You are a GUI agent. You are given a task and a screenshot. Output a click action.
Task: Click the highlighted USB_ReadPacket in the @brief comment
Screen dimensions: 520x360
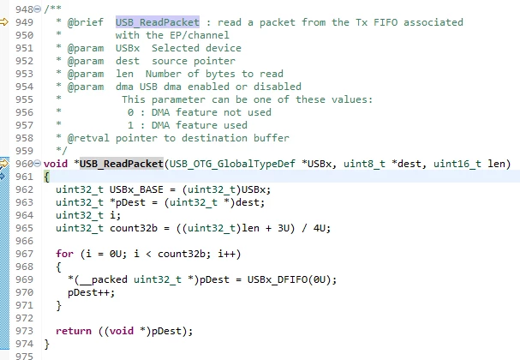click(x=158, y=22)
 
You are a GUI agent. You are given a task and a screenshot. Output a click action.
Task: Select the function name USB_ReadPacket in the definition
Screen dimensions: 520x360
click(x=122, y=164)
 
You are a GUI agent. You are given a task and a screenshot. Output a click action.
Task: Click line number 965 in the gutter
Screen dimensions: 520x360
click(x=24, y=228)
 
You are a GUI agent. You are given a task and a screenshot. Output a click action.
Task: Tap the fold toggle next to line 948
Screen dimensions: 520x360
click(x=38, y=9)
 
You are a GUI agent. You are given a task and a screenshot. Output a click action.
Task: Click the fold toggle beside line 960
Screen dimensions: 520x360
click(x=38, y=164)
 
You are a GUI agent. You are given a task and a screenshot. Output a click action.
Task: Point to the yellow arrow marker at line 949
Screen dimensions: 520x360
click(x=4, y=22)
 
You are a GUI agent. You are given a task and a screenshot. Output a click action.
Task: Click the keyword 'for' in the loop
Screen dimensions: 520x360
click(x=64, y=254)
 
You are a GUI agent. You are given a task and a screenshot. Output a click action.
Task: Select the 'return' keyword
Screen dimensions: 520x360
click(x=74, y=331)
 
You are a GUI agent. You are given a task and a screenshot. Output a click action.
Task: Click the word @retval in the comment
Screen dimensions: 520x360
click(x=88, y=138)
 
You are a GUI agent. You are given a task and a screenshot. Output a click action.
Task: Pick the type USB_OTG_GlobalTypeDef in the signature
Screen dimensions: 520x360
click(x=232, y=164)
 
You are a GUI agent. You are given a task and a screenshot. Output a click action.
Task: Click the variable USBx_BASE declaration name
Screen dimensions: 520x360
click(x=136, y=189)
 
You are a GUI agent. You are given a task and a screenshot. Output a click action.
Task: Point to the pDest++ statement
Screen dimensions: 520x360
click(x=91, y=292)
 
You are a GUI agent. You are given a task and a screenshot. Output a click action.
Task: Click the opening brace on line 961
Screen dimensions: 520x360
click(x=47, y=177)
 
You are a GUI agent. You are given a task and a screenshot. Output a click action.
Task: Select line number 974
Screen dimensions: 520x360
click(x=24, y=344)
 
